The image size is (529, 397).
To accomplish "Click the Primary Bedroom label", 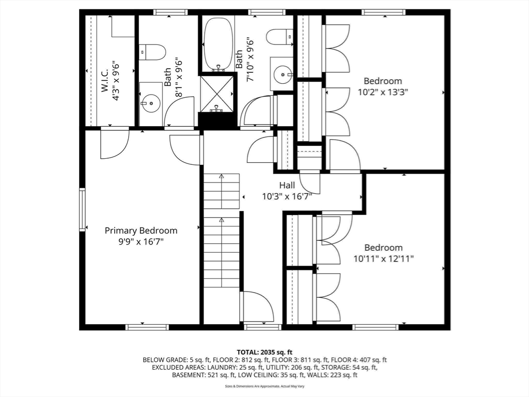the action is [x=141, y=231].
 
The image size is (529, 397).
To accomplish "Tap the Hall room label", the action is [x=287, y=185].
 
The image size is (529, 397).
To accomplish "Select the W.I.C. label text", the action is [x=104, y=80].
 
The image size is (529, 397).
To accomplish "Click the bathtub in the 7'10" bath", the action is [x=219, y=44].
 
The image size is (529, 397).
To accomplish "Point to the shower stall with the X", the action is [x=216, y=94].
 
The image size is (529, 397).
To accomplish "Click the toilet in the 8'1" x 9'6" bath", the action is [x=152, y=52].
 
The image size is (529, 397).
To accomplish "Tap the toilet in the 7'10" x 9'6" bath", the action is [x=279, y=37].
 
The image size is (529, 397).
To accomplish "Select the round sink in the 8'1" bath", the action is [x=150, y=103].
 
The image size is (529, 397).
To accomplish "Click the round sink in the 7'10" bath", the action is [x=282, y=74].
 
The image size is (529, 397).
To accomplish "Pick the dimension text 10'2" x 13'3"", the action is [x=383, y=92].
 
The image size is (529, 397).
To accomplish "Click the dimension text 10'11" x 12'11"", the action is [x=384, y=258].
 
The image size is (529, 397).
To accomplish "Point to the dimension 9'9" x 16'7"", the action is [x=141, y=242].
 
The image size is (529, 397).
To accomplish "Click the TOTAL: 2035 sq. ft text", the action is [x=264, y=353].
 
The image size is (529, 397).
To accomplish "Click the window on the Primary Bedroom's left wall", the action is [x=82, y=209].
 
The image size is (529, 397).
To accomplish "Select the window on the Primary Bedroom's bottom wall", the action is [x=147, y=327].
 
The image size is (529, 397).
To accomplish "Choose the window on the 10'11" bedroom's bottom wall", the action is [x=375, y=327].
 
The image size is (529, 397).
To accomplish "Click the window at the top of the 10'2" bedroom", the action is [x=384, y=12].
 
